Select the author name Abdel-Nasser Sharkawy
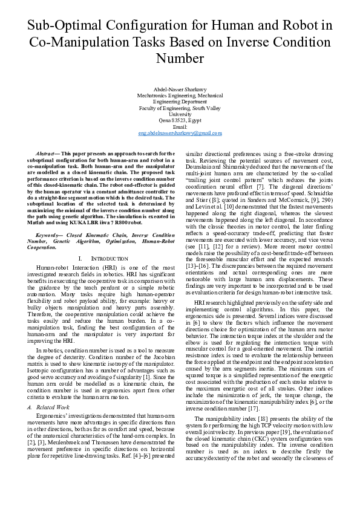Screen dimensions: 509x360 (x=180, y=89)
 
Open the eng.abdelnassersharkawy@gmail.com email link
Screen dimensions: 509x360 (x=180, y=133)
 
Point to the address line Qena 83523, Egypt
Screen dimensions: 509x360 (x=180, y=120)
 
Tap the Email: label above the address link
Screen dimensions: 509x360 (x=180, y=127)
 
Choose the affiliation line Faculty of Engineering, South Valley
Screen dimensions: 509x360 (x=180, y=108)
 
